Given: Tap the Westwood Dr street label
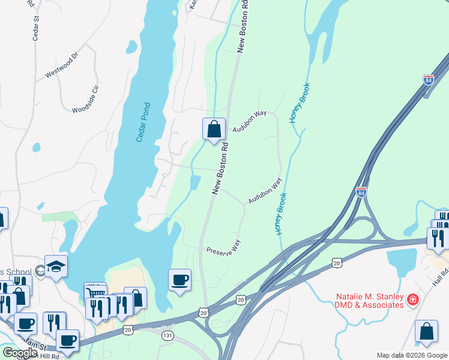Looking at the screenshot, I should (62, 67).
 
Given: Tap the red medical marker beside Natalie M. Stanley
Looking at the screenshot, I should (412, 299).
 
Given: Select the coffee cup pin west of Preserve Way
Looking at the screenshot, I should (179, 280).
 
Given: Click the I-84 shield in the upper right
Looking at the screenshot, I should (428, 79).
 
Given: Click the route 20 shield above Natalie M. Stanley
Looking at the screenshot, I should (336, 263).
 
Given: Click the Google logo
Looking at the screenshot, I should (20, 352).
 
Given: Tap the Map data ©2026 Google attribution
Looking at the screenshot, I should (412, 355).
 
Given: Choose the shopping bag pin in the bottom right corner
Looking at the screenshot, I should (426, 332).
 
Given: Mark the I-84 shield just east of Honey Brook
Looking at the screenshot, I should (360, 192).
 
